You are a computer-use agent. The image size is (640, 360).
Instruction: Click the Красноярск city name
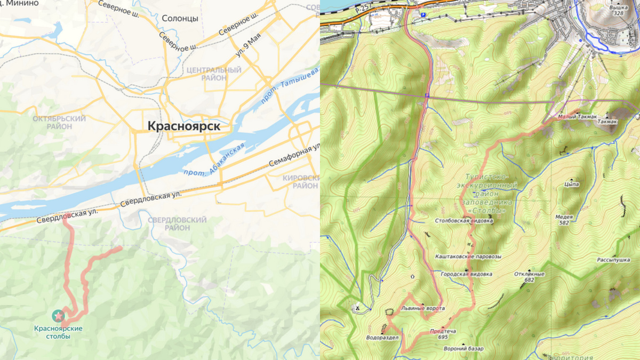tap(183, 126)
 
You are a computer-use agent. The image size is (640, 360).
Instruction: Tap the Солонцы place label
tap(180, 18)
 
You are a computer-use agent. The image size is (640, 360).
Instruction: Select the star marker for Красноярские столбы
tap(58, 315)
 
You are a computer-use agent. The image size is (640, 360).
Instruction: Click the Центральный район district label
tap(214, 74)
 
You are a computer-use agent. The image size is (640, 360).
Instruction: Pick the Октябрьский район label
tap(59, 122)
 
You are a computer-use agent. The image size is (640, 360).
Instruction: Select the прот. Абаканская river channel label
tap(213, 160)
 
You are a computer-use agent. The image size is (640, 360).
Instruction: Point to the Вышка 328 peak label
tap(618, 10)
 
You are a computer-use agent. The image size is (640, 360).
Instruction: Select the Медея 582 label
tap(564, 220)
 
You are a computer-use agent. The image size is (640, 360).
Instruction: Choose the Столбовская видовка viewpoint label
tap(463, 220)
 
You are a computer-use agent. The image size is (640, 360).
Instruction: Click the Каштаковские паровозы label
tap(468, 256)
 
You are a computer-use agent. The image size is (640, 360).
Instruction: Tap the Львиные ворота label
tap(422, 308)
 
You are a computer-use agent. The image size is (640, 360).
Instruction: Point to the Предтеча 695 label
tap(443, 334)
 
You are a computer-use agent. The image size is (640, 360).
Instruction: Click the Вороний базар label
tap(463, 349)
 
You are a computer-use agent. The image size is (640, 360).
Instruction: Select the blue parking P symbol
tap(423, 15)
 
